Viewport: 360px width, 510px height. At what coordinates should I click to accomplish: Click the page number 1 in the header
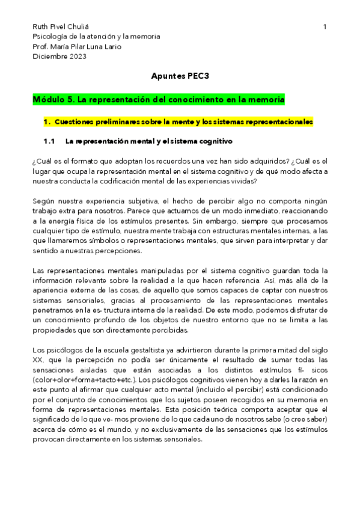pyautogui.click(x=325, y=27)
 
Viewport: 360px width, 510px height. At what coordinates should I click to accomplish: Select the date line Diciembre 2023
pyautogui.click(x=59, y=57)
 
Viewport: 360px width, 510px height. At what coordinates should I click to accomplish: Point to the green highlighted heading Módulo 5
pyautogui.click(x=159, y=99)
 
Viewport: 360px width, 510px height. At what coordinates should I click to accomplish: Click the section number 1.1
pyautogui.click(x=49, y=141)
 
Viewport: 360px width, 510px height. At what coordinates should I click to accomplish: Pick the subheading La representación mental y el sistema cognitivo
pyautogui.click(x=148, y=141)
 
